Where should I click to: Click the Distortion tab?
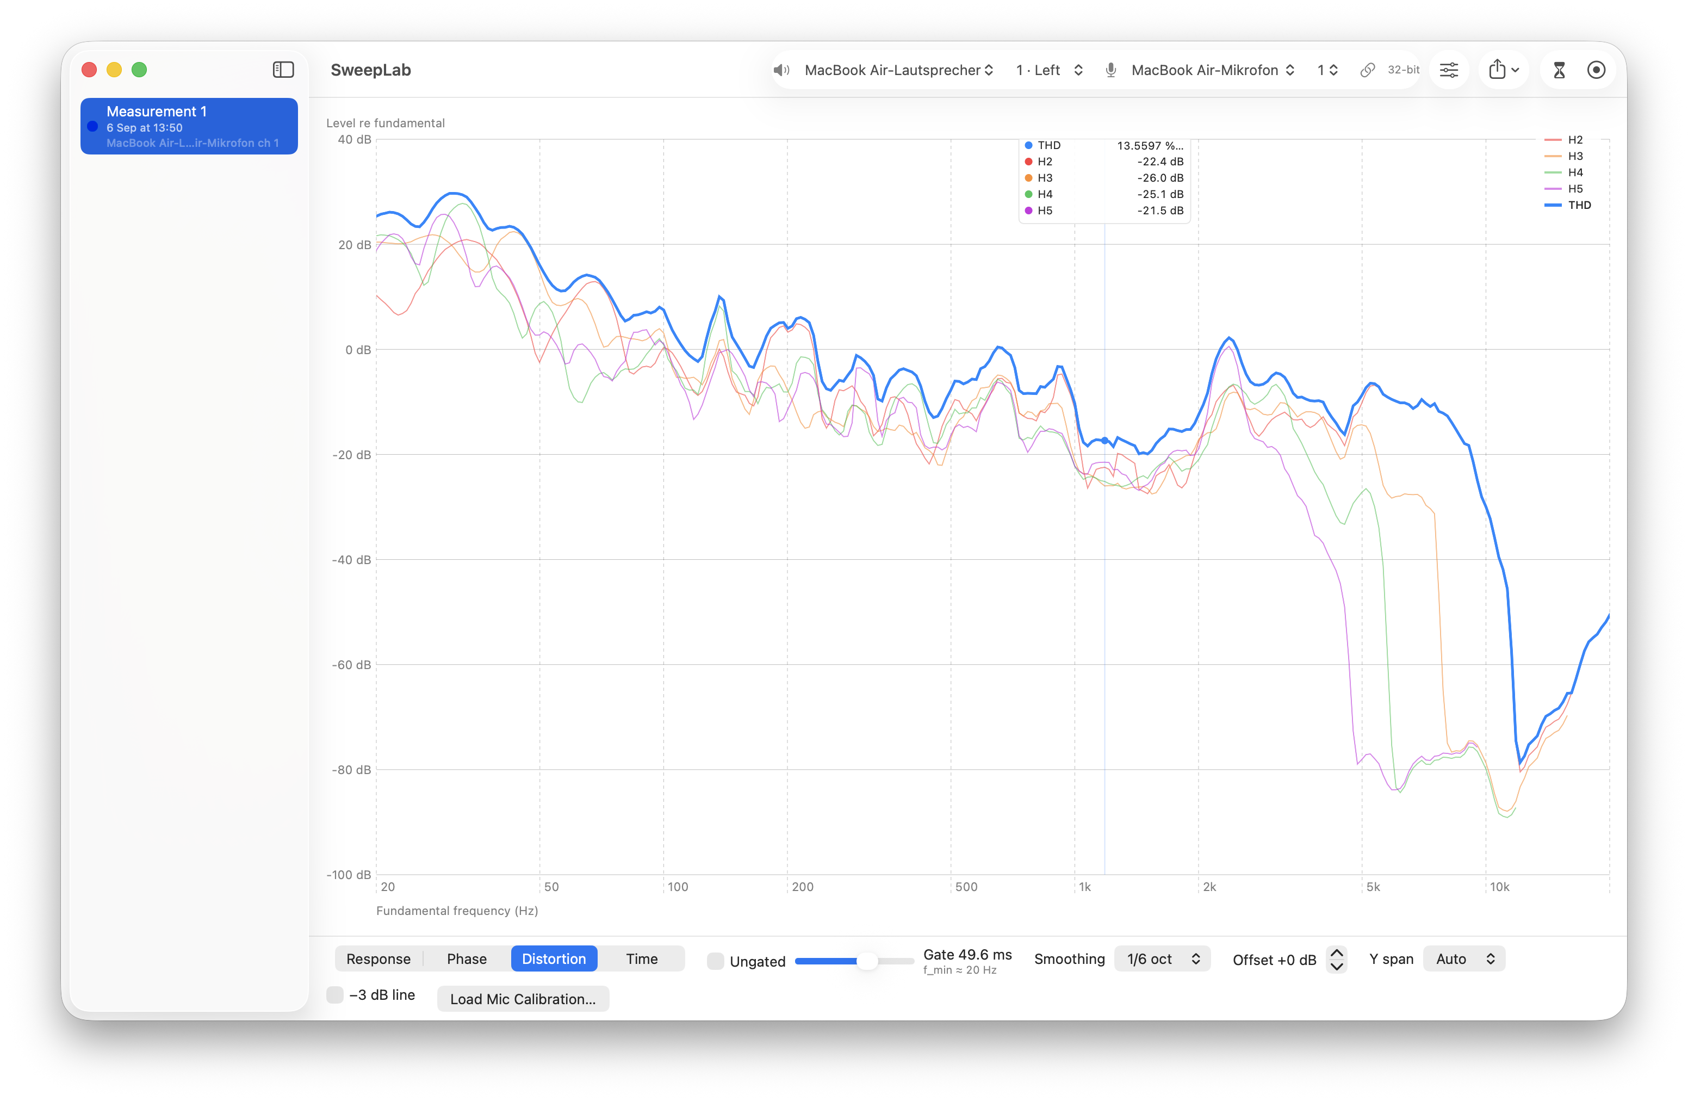(x=554, y=958)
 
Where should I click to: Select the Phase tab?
(x=467, y=958)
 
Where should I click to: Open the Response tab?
(x=378, y=958)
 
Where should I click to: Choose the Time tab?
(x=641, y=958)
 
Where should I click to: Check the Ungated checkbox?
(x=716, y=961)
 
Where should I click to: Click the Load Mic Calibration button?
(x=523, y=998)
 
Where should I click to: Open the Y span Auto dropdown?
(x=1464, y=958)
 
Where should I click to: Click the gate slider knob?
(x=867, y=961)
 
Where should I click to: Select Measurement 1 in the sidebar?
(x=189, y=126)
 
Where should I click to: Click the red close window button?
(x=89, y=70)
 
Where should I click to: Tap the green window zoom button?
(x=140, y=70)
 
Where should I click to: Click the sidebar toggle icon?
(x=283, y=70)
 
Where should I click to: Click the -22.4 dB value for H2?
(x=1160, y=162)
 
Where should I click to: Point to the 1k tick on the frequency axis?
(x=1085, y=887)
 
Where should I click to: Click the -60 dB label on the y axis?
(x=351, y=665)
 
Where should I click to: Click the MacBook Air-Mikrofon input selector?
(x=1212, y=70)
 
